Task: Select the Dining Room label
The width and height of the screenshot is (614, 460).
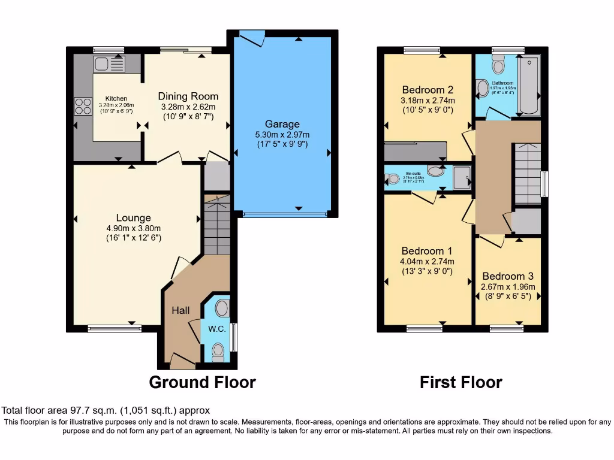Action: tap(188, 96)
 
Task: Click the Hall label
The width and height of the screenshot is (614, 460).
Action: tap(180, 310)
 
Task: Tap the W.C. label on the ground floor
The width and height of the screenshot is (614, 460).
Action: tap(216, 329)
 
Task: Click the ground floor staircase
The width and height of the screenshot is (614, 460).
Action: tap(217, 225)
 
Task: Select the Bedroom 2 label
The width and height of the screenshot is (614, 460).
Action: tap(423, 90)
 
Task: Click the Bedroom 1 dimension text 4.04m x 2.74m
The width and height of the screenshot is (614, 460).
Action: tap(428, 261)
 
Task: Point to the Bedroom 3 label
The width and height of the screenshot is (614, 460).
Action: tap(507, 276)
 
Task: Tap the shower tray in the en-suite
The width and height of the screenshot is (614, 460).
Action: tap(461, 177)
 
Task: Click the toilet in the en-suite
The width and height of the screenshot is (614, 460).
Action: tap(393, 178)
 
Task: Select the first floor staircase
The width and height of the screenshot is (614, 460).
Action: tap(526, 174)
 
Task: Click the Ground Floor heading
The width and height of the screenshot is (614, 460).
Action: tap(202, 382)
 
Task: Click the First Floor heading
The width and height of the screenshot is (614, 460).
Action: tap(460, 382)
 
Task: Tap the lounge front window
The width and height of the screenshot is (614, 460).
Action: tap(115, 328)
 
